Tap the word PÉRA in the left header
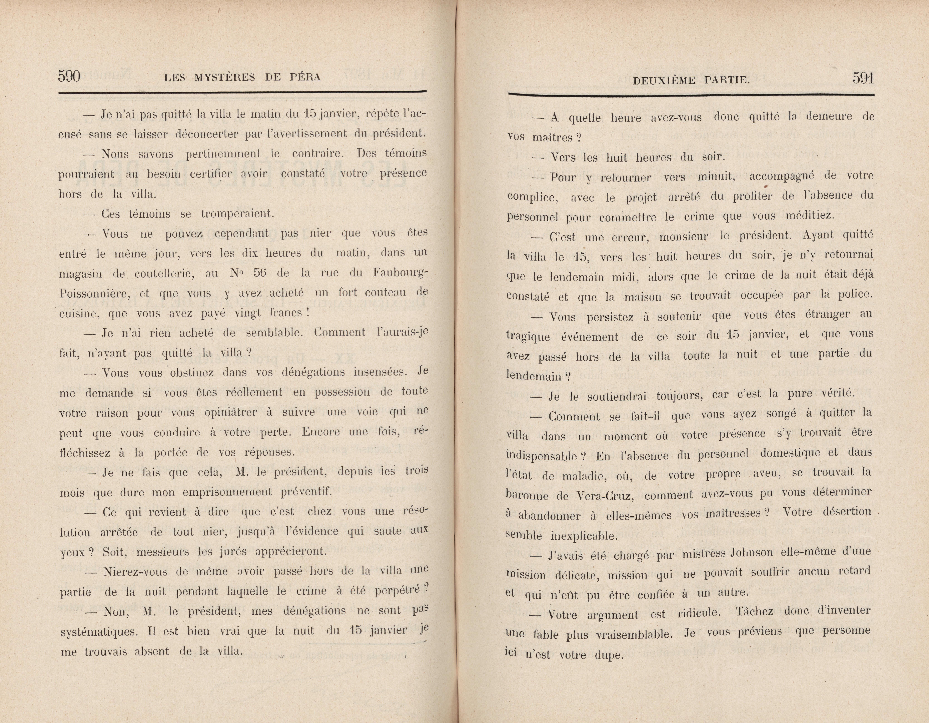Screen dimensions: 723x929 point(305,77)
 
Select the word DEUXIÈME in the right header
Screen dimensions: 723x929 point(664,80)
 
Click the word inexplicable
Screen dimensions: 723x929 point(584,536)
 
